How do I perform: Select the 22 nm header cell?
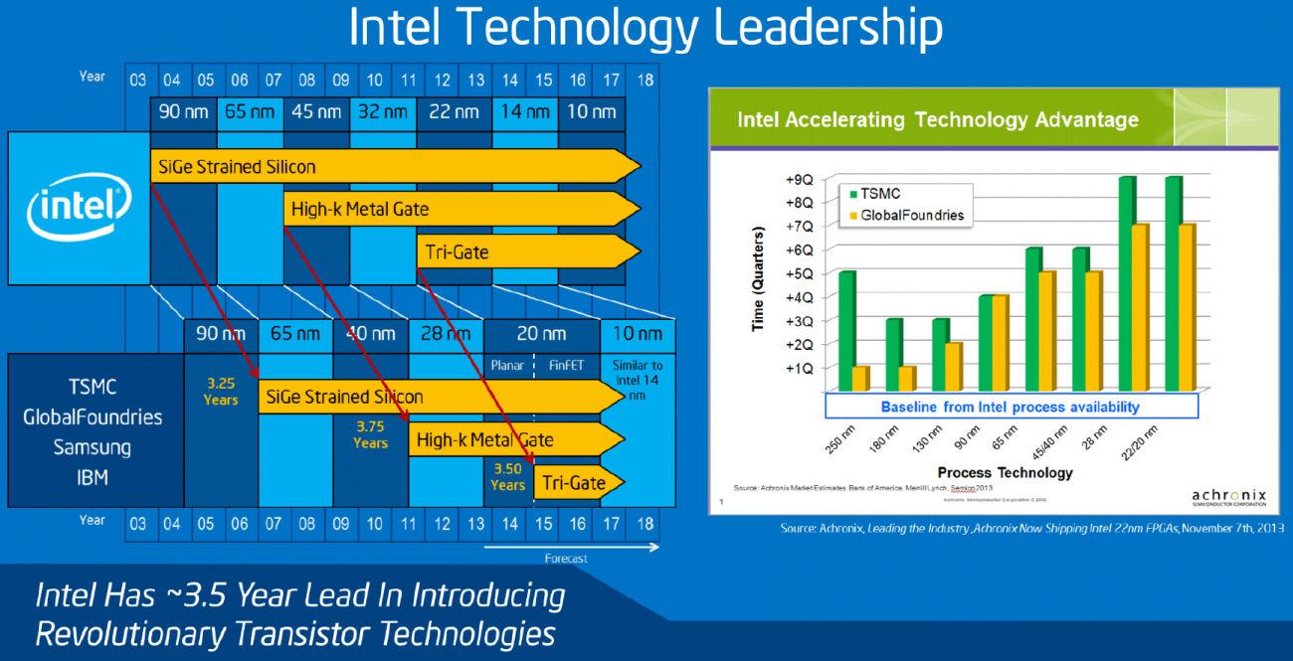click(x=453, y=112)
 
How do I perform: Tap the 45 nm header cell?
click(x=317, y=112)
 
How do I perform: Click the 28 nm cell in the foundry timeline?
click(x=445, y=335)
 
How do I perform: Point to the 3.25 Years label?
click(x=221, y=391)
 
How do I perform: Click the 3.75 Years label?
click(x=370, y=434)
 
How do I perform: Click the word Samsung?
click(x=92, y=447)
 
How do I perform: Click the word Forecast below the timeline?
click(x=566, y=559)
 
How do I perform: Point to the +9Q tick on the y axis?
click(x=799, y=181)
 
